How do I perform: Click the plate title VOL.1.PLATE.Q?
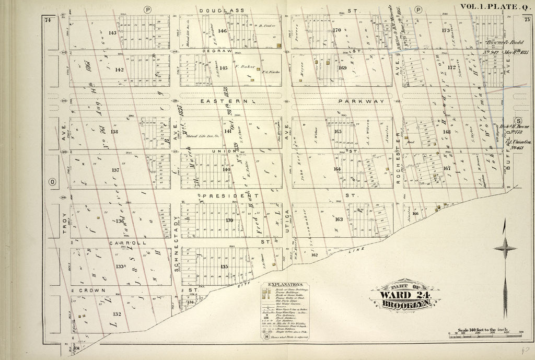coord(494,6)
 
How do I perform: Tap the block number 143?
coord(112,32)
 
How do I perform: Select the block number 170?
coord(336,30)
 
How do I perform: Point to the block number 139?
coord(229,220)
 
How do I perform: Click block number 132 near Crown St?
coord(117,314)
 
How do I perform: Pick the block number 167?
coord(447,168)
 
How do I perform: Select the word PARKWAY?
coord(361,101)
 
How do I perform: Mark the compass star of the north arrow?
coord(504,248)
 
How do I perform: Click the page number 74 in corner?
coord(48,20)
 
